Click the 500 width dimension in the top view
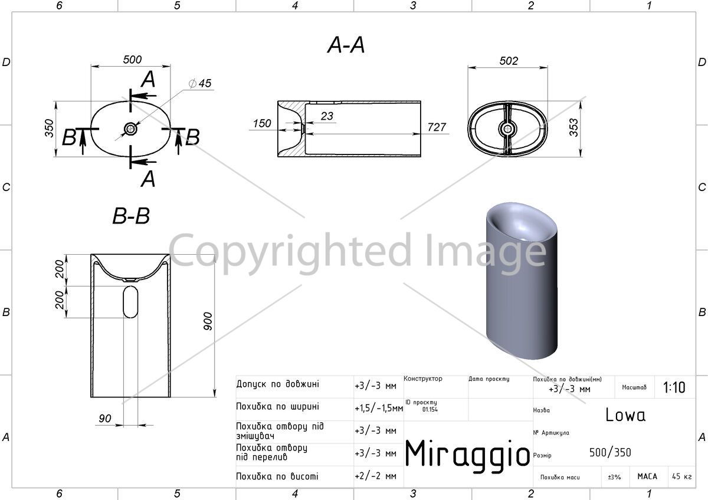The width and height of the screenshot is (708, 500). click(x=132, y=60)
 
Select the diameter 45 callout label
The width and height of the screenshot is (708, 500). click(x=200, y=83)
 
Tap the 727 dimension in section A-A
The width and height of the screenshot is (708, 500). click(x=437, y=127)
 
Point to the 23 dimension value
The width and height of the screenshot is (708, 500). click(x=327, y=116)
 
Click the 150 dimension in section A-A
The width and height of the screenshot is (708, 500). click(x=262, y=123)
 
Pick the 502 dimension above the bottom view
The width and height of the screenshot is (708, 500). click(x=509, y=61)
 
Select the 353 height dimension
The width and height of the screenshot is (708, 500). click(x=573, y=127)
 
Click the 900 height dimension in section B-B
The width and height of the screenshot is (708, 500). click(x=207, y=321)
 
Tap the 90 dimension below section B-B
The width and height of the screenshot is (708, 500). click(x=105, y=418)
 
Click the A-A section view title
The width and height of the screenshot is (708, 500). click(x=346, y=45)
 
